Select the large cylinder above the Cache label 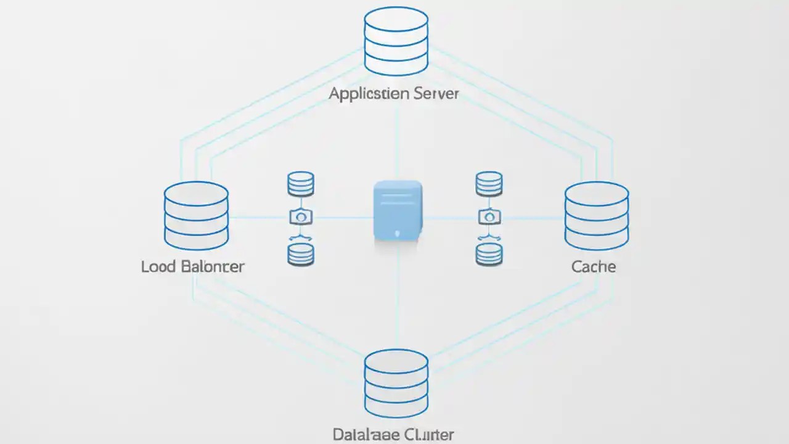596,215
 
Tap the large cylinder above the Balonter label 196,215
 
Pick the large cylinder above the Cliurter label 396,383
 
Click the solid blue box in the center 398,210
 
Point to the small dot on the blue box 398,233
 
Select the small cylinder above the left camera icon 301,184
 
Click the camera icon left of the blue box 301,216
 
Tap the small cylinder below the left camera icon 301,253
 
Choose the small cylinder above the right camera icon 489,184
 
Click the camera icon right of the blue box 489,216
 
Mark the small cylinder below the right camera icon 489,253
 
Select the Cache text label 593,266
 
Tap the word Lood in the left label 158,266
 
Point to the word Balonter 213,266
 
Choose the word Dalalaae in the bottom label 359,434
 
